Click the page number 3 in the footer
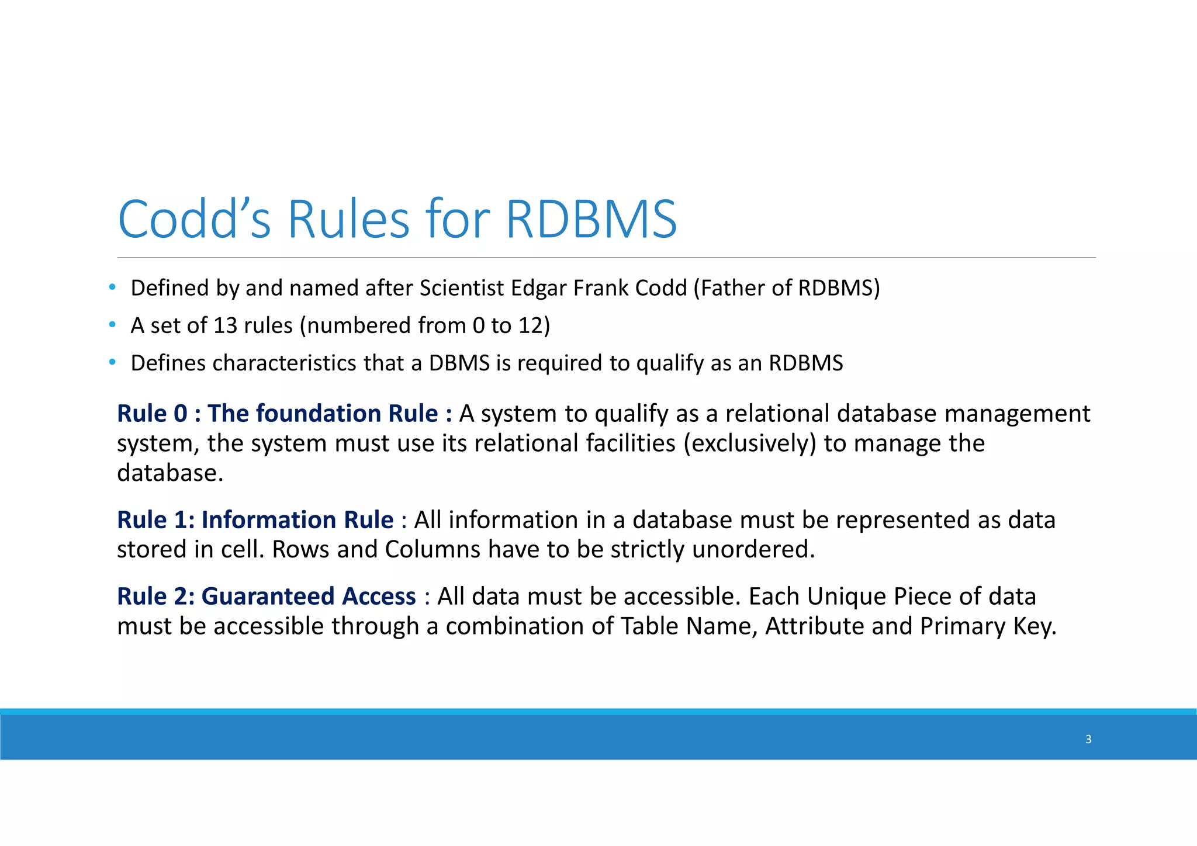pyautogui.click(x=1088, y=739)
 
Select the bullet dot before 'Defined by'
pyautogui.click(x=112, y=287)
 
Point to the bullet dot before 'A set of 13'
pyautogui.click(x=112, y=325)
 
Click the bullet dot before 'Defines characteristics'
pyautogui.click(x=112, y=363)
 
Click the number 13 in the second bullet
pyautogui.click(x=225, y=325)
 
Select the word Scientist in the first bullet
pyautogui.click(x=461, y=288)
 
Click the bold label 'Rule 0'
pyautogui.click(x=152, y=413)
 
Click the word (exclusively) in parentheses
pyautogui.click(x=750, y=443)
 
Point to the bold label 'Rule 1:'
pyautogui.click(x=155, y=519)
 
